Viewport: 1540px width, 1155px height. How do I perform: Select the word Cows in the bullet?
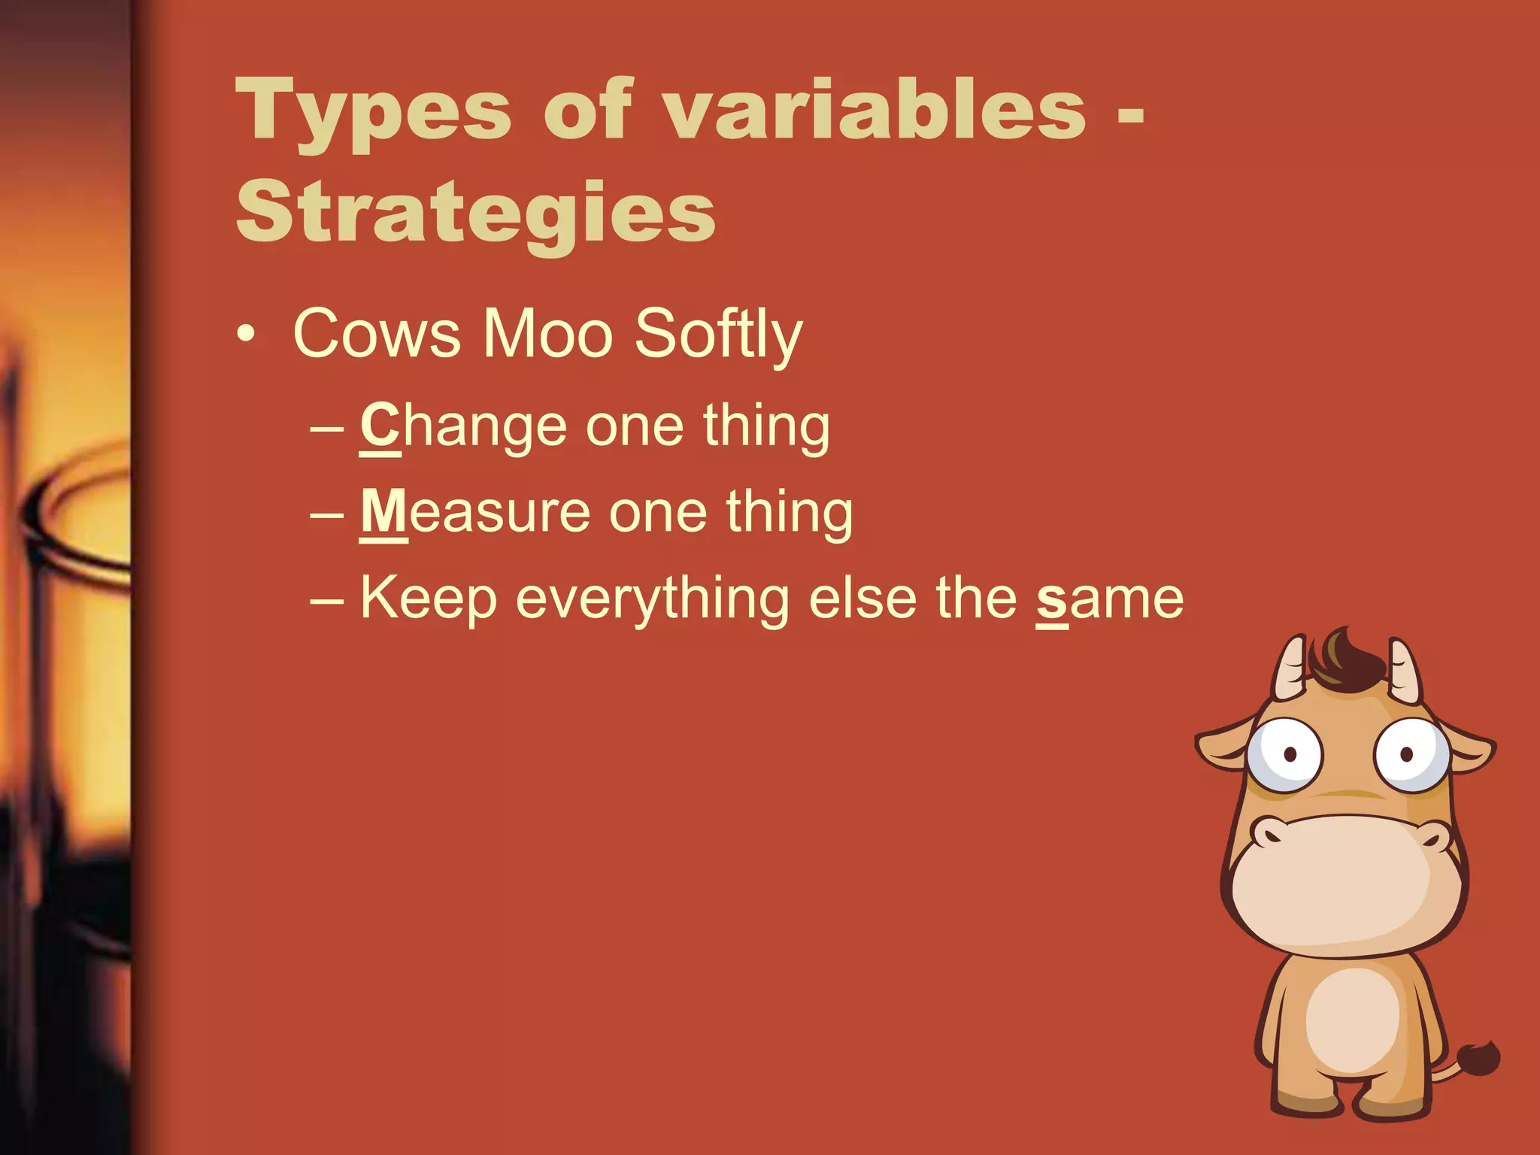coord(376,334)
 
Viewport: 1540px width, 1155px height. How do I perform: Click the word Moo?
coord(547,334)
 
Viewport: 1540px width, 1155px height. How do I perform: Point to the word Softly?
coord(718,335)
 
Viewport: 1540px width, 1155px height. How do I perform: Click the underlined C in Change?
coord(380,426)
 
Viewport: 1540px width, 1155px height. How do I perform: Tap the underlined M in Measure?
coord(383,511)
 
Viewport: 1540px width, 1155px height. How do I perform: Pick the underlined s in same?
coord(1052,600)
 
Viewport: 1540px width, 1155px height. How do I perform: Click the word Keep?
coord(428,600)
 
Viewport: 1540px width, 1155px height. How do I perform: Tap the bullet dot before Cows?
coord(245,335)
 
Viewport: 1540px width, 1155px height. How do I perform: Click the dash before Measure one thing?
coord(326,514)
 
